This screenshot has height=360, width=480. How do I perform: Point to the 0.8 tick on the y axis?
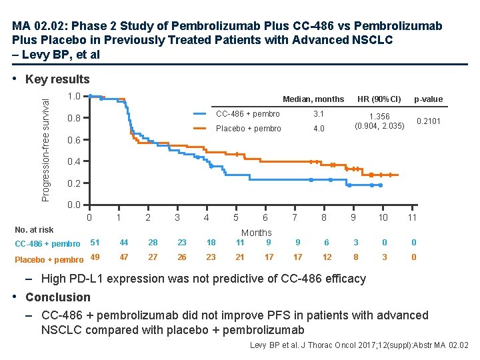point(75,118)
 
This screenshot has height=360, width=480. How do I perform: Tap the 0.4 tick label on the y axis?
point(75,161)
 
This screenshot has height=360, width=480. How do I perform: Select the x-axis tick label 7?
point(295,217)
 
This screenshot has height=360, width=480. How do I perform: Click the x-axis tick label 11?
point(412,217)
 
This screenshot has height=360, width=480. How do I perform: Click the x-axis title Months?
point(257,233)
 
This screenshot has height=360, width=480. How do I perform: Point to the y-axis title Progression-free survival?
point(45,147)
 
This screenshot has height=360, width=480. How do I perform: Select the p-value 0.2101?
point(428,121)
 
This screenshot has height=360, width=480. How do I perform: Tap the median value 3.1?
point(319,114)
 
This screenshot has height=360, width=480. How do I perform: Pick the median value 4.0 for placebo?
point(319,129)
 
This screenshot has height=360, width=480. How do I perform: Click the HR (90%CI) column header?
point(379,99)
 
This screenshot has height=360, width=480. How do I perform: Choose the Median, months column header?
point(313,99)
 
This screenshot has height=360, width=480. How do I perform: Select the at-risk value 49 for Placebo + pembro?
point(95,258)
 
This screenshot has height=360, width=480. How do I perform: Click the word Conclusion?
point(58,297)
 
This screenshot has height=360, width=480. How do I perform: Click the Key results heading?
point(57,80)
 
